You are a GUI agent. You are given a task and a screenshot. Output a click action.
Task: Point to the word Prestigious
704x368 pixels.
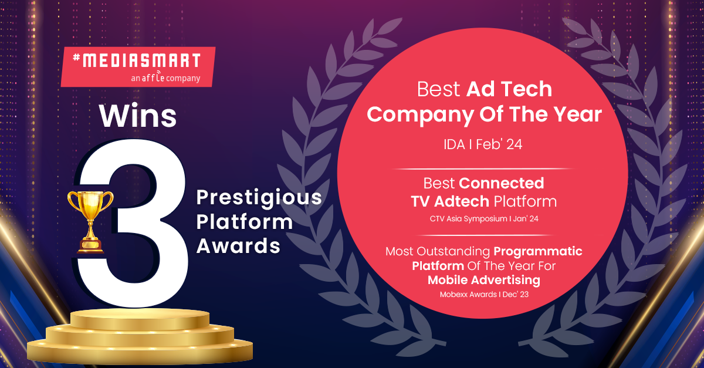coord(259,198)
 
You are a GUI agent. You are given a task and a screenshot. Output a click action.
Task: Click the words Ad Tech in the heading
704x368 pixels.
coord(509,89)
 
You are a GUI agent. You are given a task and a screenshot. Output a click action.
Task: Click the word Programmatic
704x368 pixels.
coord(538,251)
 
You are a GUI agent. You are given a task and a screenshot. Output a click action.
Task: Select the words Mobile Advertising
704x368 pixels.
coord(484,281)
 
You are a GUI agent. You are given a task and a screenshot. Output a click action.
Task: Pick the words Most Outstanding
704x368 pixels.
coord(438,251)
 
